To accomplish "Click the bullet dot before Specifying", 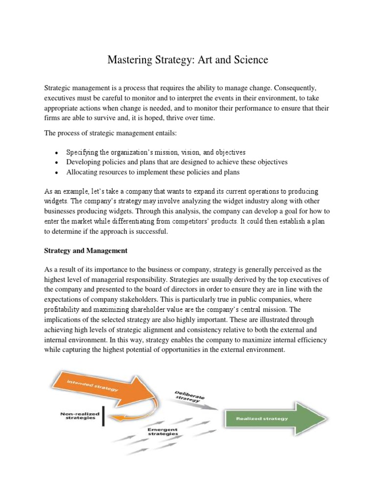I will tap(57, 152).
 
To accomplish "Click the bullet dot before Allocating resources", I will tap(57, 173).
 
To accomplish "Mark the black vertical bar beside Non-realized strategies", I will tap(103, 416).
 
